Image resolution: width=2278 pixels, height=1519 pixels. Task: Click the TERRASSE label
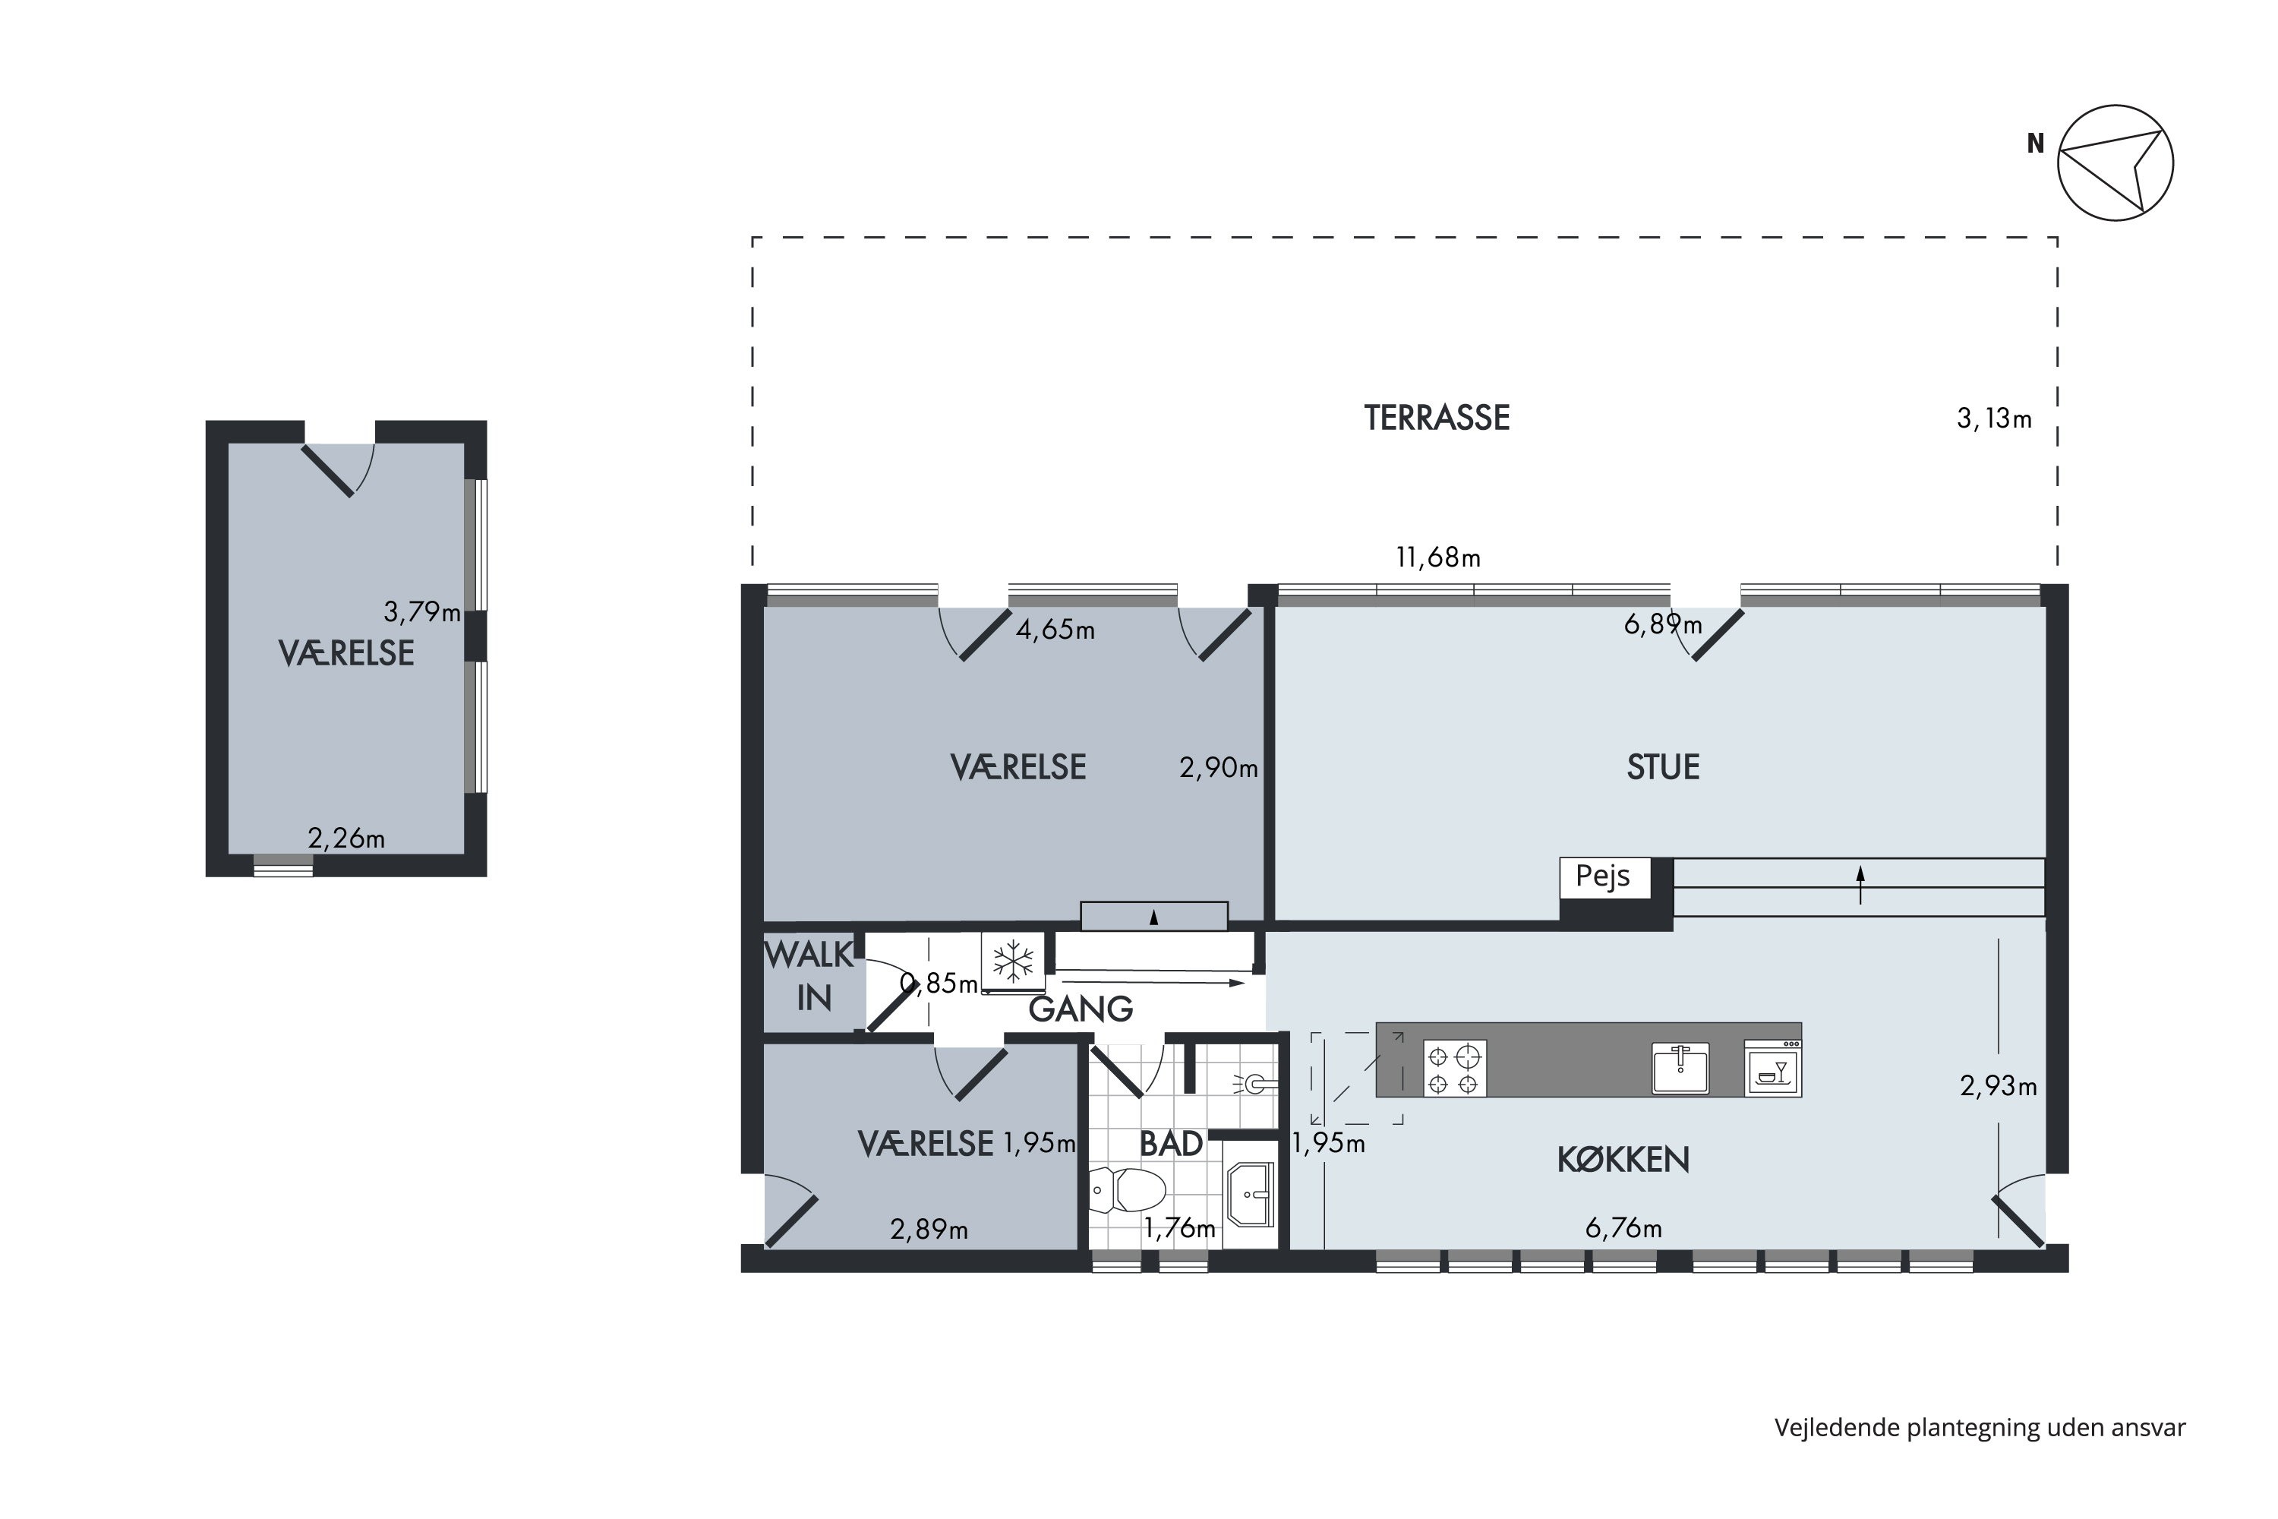pos(1437,418)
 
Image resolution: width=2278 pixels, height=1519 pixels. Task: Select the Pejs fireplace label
pos(1603,876)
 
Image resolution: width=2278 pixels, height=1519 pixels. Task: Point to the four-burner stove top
pos(1454,1069)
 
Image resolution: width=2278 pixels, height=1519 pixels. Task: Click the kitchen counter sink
pos(1680,1068)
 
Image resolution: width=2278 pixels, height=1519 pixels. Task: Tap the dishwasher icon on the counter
pos(1772,1068)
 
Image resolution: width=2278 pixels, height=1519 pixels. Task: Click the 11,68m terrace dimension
pos(1437,558)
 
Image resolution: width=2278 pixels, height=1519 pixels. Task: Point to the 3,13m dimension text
pos(1994,418)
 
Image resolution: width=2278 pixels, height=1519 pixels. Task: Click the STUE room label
pos(1663,767)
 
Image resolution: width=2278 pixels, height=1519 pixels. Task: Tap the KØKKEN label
pos(1623,1160)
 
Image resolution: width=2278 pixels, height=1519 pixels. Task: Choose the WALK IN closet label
pos(809,977)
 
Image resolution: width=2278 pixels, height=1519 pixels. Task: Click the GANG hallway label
pos(1080,1009)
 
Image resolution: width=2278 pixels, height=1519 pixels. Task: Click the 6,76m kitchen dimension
pos(1623,1228)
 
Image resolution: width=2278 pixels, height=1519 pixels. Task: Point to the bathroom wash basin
pos(1251,1195)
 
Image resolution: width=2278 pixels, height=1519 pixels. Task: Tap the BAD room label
pos(1171,1144)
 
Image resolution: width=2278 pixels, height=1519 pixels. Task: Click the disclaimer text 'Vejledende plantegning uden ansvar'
pos(1980,1428)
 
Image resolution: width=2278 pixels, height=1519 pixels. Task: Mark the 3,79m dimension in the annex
pos(422,612)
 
